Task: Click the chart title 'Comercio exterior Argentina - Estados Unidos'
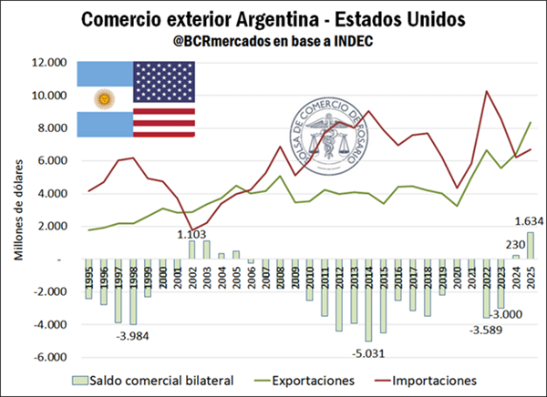pyautogui.click(x=273, y=19)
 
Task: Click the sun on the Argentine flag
pyautogui.click(x=105, y=98)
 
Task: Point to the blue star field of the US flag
pyautogui.click(x=163, y=82)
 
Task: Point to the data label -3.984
pyautogui.click(x=134, y=336)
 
